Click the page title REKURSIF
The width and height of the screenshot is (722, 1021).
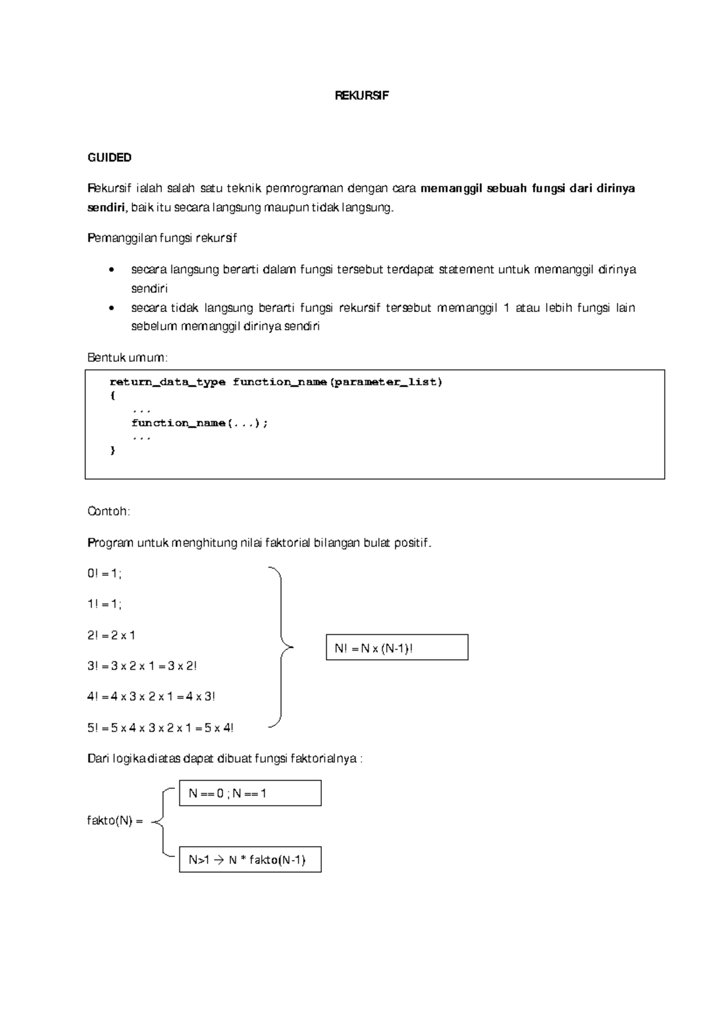(362, 96)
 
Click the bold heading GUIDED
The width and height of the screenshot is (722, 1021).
(110, 158)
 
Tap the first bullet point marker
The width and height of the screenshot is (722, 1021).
(111, 270)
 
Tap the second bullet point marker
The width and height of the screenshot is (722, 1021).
(111, 308)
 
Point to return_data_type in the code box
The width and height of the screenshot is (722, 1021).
(167, 382)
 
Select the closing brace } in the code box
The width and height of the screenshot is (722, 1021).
(113, 450)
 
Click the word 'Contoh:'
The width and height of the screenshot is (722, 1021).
(109, 512)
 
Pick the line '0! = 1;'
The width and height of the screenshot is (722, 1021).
(105, 574)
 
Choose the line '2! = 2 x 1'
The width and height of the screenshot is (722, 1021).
(111, 636)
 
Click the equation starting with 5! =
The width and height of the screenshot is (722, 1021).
(160, 728)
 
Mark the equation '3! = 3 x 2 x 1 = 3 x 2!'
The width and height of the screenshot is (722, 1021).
(142, 666)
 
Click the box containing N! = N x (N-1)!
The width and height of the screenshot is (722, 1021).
(396, 648)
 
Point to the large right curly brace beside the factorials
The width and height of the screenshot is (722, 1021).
(280, 647)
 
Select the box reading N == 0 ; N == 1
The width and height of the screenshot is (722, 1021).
(250, 793)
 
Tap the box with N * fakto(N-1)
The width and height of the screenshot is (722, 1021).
(250, 860)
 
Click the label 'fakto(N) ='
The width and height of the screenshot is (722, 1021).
(115, 821)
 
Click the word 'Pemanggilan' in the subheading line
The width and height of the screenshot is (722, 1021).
(122, 239)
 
